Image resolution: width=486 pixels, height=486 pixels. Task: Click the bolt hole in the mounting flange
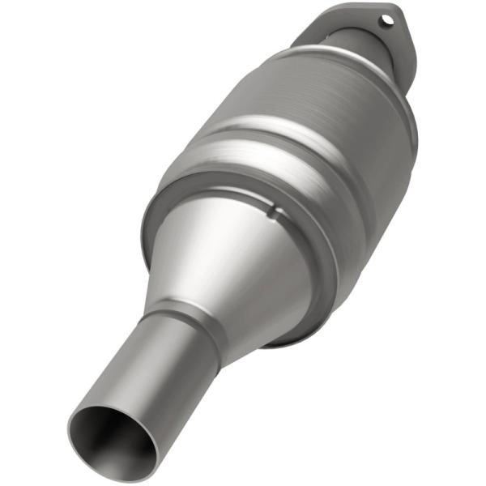coord(387,17)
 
